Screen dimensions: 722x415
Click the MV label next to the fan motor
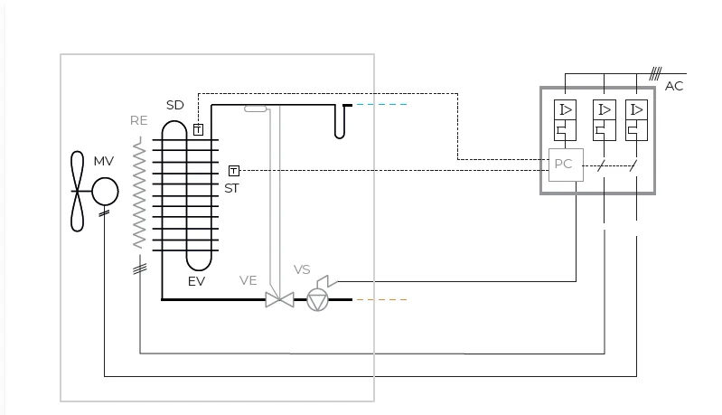click(104, 161)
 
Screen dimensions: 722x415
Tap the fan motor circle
click(105, 192)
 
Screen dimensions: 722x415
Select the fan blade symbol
click(78, 191)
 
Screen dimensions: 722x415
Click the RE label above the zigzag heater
click(138, 120)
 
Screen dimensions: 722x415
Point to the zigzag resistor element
click(139, 194)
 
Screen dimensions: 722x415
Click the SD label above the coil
click(175, 106)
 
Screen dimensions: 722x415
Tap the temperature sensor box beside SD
click(198, 130)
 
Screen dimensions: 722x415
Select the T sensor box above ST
click(234, 171)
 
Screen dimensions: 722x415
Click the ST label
click(231, 188)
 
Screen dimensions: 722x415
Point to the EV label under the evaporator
click(196, 281)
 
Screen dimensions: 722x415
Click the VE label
click(248, 280)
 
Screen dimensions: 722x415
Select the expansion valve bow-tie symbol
click(280, 300)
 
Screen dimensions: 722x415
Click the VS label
click(302, 269)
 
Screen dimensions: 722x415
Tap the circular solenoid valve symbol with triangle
click(318, 300)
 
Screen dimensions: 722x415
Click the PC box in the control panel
click(566, 165)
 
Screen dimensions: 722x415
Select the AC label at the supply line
click(674, 86)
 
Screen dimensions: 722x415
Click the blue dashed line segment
click(381, 105)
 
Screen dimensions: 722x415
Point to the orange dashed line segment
click(381, 300)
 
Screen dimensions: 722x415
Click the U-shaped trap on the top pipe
click(340, 121)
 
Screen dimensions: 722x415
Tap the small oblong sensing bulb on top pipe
click(256, 108)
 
